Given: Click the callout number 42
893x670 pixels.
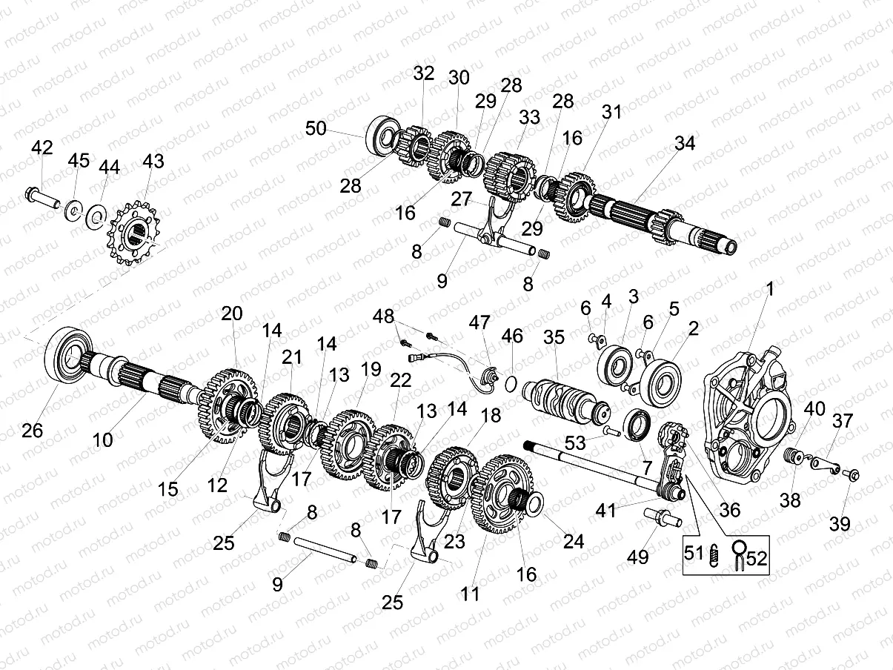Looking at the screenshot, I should coord(42,147).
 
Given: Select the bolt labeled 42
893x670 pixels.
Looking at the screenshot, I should coord(46,199).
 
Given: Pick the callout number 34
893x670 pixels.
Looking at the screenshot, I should coord(685,144).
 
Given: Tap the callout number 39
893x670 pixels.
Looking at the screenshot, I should coord(840,525).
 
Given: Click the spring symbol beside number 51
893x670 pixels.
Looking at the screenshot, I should coord(714,554).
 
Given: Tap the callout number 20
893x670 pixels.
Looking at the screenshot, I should coord(231,314).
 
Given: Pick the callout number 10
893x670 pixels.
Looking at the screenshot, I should coord(102,440).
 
